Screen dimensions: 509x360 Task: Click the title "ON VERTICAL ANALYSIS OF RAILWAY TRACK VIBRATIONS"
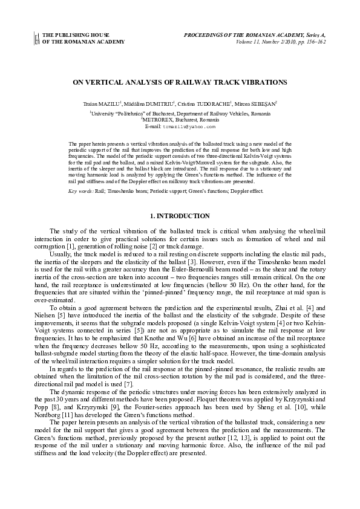[x=180, y=82]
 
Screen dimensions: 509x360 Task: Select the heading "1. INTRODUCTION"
[x=180, y=216]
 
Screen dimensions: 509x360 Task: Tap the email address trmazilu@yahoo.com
[x=192, y=128]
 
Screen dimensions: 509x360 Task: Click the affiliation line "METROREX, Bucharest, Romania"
[x=181, y=120]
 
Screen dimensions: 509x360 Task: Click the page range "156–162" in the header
[x=316, y=42]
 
